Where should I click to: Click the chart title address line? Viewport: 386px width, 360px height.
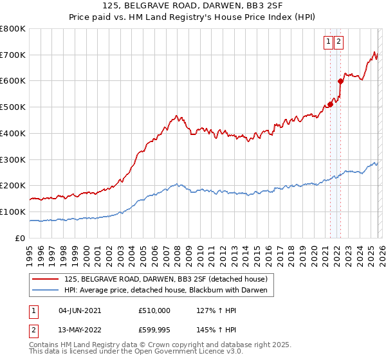[193, 6]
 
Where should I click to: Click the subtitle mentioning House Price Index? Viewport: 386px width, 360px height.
[193, 17]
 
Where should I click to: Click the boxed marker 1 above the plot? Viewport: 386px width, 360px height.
[328, 42]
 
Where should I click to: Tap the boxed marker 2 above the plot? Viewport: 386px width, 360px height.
[339, 42]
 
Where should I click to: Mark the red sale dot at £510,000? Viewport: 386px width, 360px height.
[330, 104]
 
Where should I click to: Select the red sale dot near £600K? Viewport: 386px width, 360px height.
[340, 81]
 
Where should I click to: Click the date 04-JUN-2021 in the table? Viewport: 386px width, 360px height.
[80, 310]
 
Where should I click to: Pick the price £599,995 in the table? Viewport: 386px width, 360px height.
[154, 330]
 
